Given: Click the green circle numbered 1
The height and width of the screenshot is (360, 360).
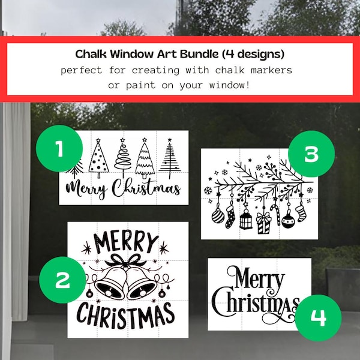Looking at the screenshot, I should pyautogui.click(x=59, y=148).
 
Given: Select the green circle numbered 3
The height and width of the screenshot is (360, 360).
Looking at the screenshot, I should pyautogui.click(x=311, y=154).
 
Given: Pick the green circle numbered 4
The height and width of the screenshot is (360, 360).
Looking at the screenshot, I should pyautogui.click(x=318, y=317).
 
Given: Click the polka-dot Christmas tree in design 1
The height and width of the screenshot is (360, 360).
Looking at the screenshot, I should pyautogui.click(x=98, y=158).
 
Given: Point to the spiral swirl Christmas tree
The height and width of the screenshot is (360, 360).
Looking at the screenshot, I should pyautogui.click(x=122, y=158).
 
